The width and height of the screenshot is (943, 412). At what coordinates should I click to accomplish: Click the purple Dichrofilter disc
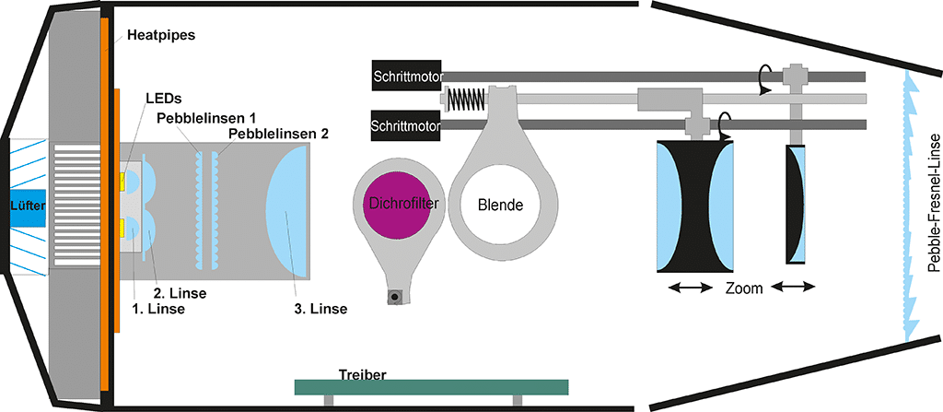pyautogui.click(x=401, y=202)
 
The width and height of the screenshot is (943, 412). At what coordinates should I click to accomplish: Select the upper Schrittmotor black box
pyautogui.click(x=406, y=75)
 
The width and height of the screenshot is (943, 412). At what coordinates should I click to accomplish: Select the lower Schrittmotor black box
pyautogui.click(x=406, y=123)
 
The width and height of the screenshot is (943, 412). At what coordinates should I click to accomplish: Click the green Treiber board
pyautogui.click(x=430, y=385)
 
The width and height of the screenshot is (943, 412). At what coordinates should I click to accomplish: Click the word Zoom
pyautogui.click(x=743, y=288)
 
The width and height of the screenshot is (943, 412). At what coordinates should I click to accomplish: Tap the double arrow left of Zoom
pyautogui.click(x=690, y=288)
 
